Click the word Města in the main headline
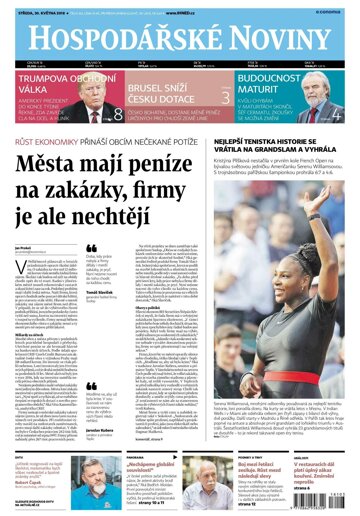74,168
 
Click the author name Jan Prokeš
23,244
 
